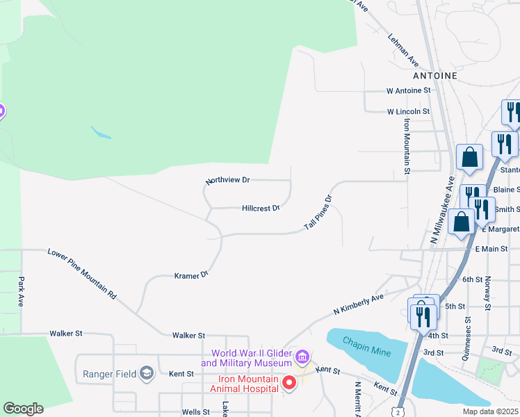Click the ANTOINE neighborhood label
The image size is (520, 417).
coord(435,75)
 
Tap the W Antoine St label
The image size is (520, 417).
coord(409,90)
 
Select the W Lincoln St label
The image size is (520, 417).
coord(408,111)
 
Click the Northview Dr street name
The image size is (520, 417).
coord(228,180)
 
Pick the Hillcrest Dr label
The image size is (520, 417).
coord(261,208)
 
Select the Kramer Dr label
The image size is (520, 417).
coord(191,276)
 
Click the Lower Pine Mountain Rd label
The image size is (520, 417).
coord(82,273)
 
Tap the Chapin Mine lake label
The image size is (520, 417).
coord(367,351)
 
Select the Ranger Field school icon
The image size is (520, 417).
coord(146,374)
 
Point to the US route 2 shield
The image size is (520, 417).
coord(396,411)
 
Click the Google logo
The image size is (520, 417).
coord(23,409)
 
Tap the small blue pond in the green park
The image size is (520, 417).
coord(101,132)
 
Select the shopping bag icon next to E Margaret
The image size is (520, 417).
coord(462,222)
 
